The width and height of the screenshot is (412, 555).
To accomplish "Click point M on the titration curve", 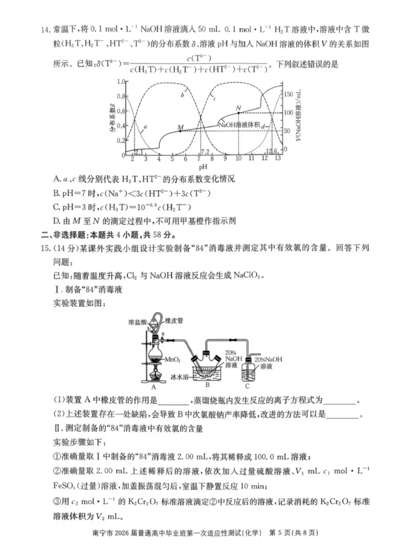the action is [180, 131].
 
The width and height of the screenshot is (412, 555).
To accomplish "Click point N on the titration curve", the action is [238, 112].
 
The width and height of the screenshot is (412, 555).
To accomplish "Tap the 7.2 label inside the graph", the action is [204, 152].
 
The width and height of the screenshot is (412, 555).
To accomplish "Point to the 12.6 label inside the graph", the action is [271, 151].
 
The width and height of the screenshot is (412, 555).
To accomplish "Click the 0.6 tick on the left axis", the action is [122, 111].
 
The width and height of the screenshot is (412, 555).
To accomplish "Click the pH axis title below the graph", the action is [203, 167].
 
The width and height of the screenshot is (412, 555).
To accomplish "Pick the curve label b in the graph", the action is [182, 95].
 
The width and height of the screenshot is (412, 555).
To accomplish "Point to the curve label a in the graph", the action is [146, 126].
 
